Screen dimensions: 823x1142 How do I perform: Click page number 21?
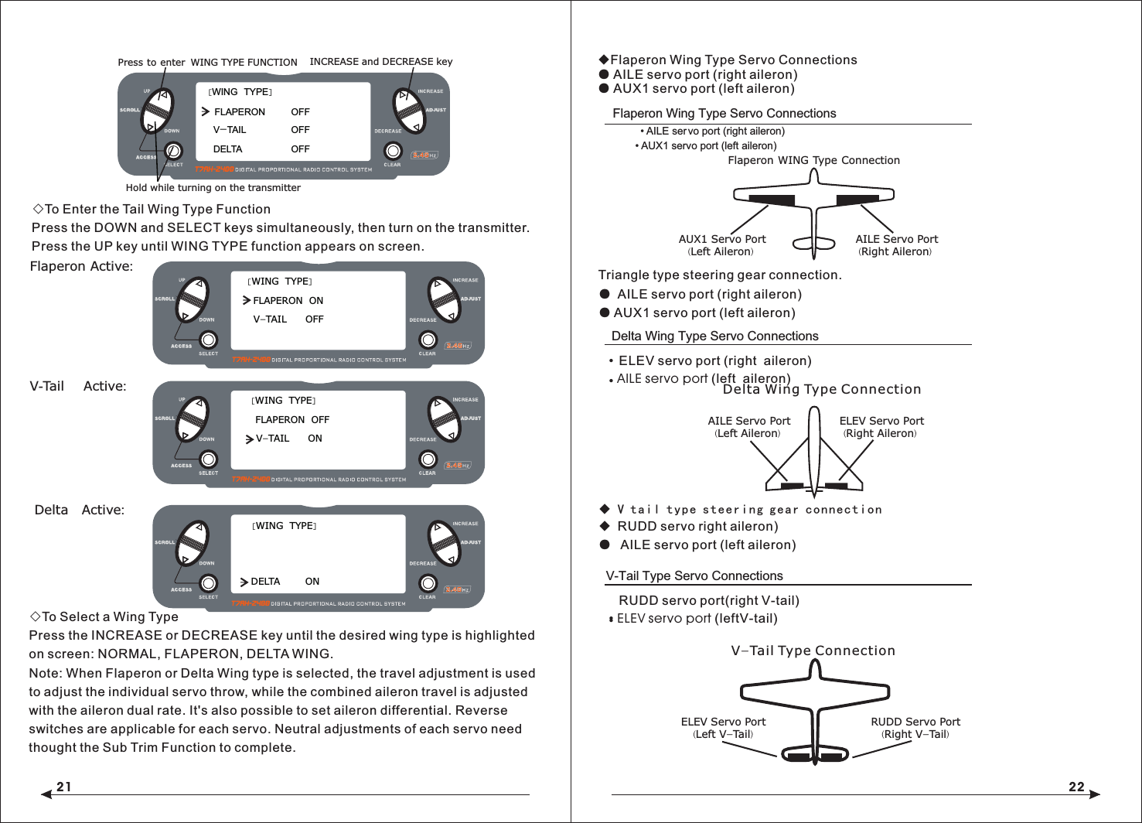(63, 787)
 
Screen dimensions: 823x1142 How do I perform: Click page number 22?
(1076, 787)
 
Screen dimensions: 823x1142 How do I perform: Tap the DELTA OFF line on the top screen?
(261, 149)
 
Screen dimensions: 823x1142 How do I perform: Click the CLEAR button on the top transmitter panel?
(393, 151)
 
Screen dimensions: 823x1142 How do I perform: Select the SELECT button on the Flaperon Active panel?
(208, 340)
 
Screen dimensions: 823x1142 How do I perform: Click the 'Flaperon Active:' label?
(81, 266)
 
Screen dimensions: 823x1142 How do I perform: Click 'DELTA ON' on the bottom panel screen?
(279, 582)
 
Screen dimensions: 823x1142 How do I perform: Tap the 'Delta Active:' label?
(79, 510)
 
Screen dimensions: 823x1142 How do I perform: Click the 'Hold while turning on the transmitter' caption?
(213, 187)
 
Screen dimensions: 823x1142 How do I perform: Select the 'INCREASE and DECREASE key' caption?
(380, 62)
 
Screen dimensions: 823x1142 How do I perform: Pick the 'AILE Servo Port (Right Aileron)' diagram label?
(896, 245)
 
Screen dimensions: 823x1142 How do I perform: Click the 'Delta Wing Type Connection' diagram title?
(821, 390)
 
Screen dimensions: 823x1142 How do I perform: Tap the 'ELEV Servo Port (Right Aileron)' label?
(881, 427)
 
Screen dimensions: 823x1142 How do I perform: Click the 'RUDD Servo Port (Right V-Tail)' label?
(915, 728)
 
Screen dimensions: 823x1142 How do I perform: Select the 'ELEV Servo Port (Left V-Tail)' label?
(723, 728)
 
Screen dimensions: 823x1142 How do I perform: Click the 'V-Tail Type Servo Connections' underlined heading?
(694, 576)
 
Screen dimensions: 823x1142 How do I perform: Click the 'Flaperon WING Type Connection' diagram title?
(813, 161)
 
